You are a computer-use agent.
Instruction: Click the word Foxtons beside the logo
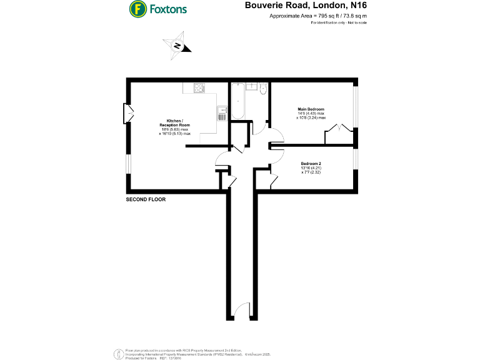pyautogui.click(x=167, y=9)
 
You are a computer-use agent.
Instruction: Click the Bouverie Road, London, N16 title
pyautogui.click(x=306, y=6)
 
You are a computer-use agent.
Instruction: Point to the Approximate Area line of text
pyautogui.click(x=318, y=16)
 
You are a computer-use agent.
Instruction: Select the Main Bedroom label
pyautogui.click(x=311, y=109)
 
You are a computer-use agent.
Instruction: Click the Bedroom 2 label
pyautogui.click(x=311, y=164)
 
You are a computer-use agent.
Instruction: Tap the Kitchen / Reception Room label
pyautogui.click(x=174, y=122)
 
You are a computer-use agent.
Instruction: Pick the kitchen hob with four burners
pyautogui.click(x=199, y=89)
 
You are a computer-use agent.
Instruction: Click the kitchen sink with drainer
pyautogui.click(x=221, y=112)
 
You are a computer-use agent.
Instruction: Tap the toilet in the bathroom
pyautogui.click(x=262, y=90)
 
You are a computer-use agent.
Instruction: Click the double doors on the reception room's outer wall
pyautogui.click(x=129, y=112)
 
